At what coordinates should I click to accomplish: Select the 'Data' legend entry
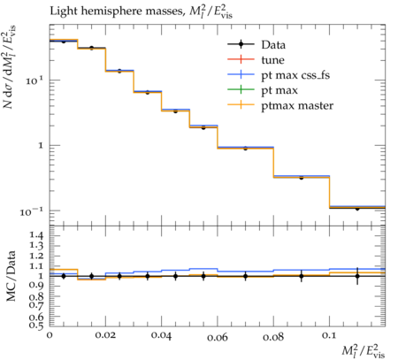273,45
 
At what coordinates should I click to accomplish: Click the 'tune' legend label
273,60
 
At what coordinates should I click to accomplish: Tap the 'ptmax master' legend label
297,105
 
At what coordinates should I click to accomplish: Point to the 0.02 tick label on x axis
105,335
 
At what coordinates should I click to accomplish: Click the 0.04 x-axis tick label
161,335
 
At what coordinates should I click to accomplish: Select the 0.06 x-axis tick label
218,336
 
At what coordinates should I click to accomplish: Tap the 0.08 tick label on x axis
273,336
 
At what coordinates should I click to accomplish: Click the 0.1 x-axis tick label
329,335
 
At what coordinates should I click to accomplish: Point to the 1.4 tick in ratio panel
36,235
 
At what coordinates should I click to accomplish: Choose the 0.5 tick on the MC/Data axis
36,325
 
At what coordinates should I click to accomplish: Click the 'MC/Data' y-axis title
11,276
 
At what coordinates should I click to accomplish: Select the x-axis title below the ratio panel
364,350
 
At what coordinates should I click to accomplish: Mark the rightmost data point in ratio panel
357,276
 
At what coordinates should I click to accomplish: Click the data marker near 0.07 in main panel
245,149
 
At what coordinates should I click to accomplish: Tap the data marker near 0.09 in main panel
302,178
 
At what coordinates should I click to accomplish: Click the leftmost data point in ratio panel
64,276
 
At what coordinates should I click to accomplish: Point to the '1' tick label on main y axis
41,145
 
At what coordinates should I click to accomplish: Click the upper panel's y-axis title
10,67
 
